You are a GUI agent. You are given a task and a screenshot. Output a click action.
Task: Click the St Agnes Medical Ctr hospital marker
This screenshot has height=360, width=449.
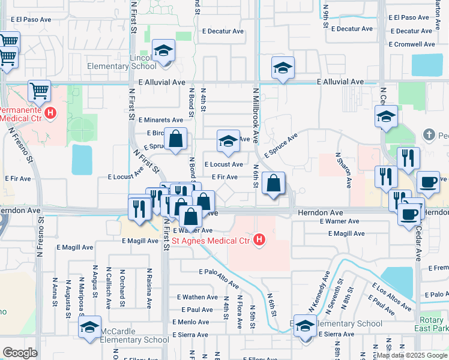coord(259,241)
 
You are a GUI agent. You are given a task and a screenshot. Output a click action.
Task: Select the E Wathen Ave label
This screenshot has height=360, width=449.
coord(197,297)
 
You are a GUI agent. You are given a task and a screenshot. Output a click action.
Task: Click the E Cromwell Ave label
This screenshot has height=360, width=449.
coord(412,44)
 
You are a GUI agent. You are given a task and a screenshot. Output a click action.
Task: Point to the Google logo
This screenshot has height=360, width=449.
coord(20,353)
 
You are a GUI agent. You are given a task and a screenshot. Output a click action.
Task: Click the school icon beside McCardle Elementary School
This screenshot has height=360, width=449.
coord(89,328)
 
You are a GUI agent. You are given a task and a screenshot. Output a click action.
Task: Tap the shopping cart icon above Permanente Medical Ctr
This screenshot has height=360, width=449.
coord(39,91)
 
